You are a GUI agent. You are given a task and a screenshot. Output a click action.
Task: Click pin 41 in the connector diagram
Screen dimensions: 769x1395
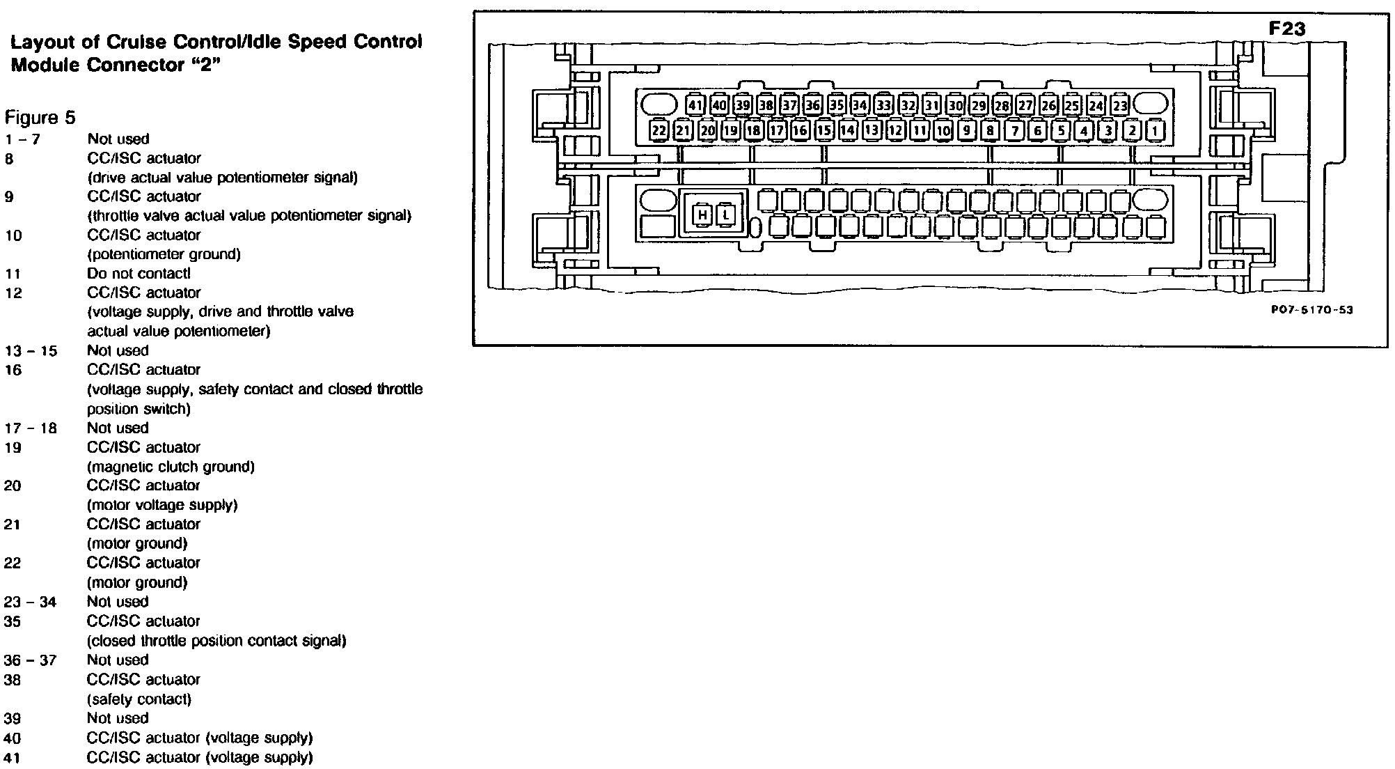(695, 106)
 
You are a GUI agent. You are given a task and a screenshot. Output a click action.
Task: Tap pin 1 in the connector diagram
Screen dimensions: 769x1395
(1156, 130)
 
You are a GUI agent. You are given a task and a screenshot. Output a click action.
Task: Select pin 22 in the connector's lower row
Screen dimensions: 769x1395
(659, 130)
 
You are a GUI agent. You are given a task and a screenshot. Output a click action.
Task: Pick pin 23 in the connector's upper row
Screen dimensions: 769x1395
(1119, 106)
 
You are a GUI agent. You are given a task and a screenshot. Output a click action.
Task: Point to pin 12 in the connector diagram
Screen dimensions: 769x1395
(895, 130)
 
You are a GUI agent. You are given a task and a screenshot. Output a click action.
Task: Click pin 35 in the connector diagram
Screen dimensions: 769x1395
(836, 106)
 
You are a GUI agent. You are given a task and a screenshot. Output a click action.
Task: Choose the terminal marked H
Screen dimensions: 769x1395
(702, 215)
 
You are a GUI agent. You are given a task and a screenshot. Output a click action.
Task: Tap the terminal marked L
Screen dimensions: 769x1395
(725, 215)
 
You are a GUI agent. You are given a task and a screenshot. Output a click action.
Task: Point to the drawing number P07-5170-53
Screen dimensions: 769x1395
(1311, 310)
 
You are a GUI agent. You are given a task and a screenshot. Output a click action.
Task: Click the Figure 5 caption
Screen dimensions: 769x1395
(40, 116)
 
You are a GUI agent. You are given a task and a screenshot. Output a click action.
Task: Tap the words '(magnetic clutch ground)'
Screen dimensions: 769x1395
(171, 467)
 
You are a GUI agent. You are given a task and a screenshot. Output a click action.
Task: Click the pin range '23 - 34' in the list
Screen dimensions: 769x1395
(30, 602)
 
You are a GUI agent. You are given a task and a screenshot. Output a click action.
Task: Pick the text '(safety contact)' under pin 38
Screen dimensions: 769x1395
(139, 699)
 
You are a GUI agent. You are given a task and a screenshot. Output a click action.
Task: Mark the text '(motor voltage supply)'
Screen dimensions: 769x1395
(162, 505)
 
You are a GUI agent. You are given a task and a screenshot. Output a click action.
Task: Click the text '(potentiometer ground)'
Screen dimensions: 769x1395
(164, 254)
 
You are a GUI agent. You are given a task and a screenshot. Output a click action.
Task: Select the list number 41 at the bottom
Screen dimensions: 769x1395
(13, 758)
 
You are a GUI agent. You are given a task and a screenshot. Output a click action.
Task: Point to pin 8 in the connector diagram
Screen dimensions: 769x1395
(990, 130)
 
